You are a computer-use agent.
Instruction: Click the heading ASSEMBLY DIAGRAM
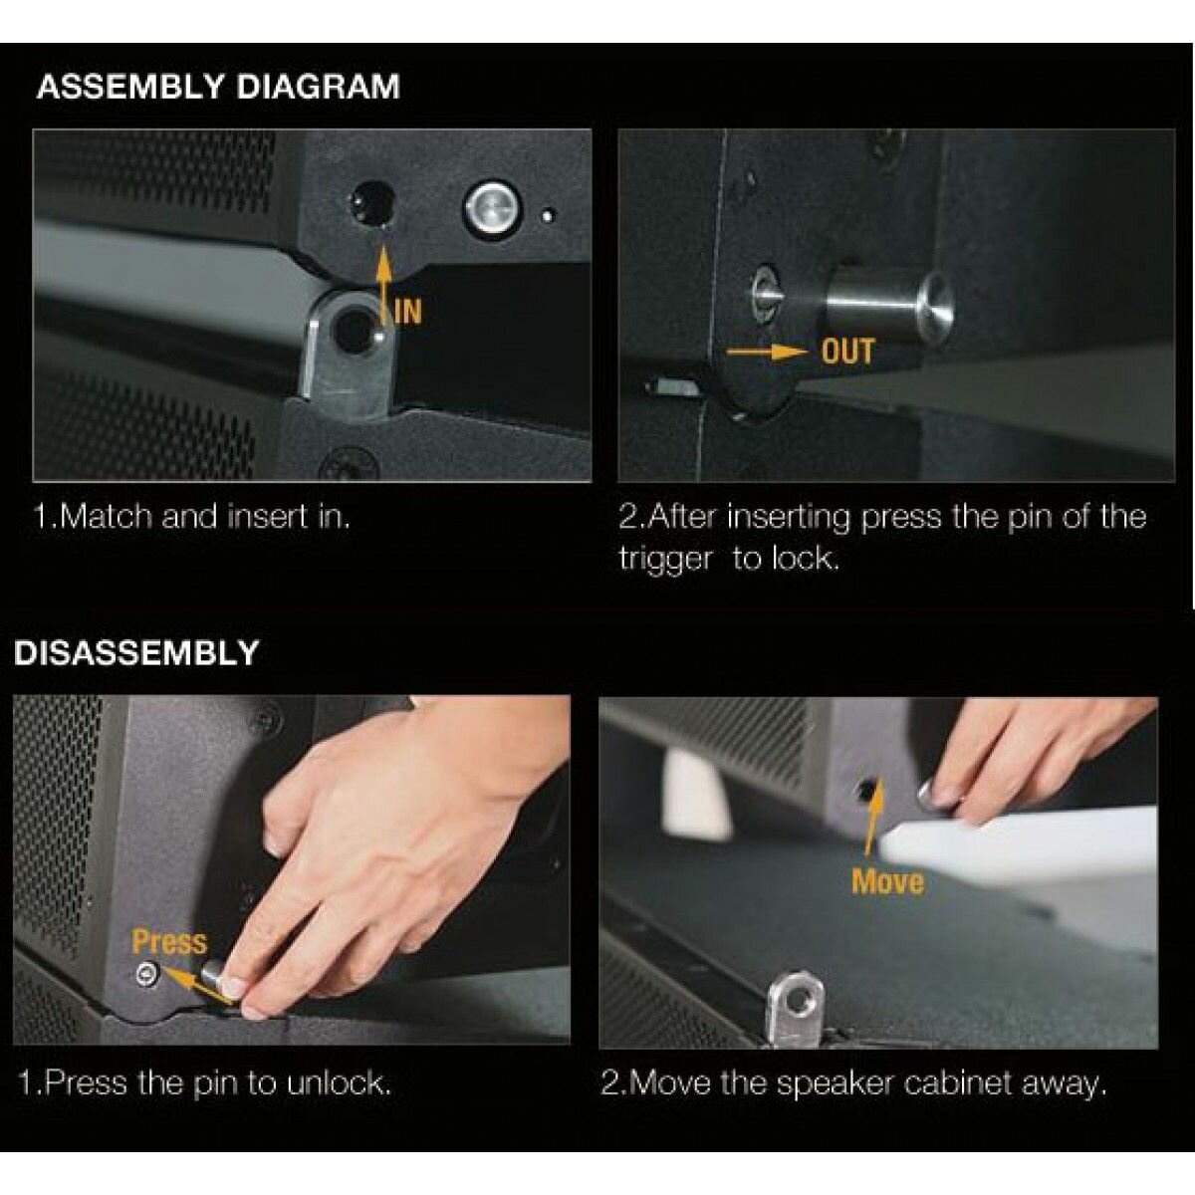218,87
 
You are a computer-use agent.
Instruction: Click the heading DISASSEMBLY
135,652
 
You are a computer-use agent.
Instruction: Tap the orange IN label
408,312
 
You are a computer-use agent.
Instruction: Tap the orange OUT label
847,352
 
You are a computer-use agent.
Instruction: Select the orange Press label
168,942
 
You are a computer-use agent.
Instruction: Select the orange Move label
887,881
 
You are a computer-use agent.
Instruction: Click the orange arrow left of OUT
770,353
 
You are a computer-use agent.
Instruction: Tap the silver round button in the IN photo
493,208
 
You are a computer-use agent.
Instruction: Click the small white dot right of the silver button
547,216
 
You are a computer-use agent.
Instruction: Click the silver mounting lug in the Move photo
797,1007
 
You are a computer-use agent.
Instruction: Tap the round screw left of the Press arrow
148,974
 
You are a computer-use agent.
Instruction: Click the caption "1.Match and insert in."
193,517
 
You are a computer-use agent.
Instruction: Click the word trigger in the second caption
665,560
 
